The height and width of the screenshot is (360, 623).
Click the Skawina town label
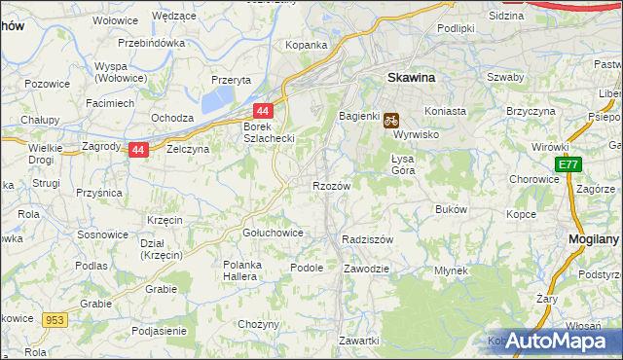pyautogui.click(x=410, y=76)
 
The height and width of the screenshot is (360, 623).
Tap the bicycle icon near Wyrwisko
pyautogui.click(x=390, y=121)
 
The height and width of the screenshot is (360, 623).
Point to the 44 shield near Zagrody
pyautogui.click(x=138, y=151)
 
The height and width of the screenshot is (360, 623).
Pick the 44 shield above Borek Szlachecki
pyautogui.click(x=263, y=112)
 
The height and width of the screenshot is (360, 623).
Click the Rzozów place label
pyautogui.click(x=331, y=185)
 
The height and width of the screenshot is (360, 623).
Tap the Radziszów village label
pyautogui.click(x=367, y=239)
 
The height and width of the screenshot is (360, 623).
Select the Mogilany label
pyautogui.click(x=595, y=238)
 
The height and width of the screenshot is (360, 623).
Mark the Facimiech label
pyautogui.click(x=109, y=102)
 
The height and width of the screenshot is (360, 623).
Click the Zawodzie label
pyautogui.click(x=367, y=268)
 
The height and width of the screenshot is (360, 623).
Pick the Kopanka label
pyautogui.click(x=305, y=45)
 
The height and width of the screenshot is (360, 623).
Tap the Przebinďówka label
pyautogui.click(x=151, y=43)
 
